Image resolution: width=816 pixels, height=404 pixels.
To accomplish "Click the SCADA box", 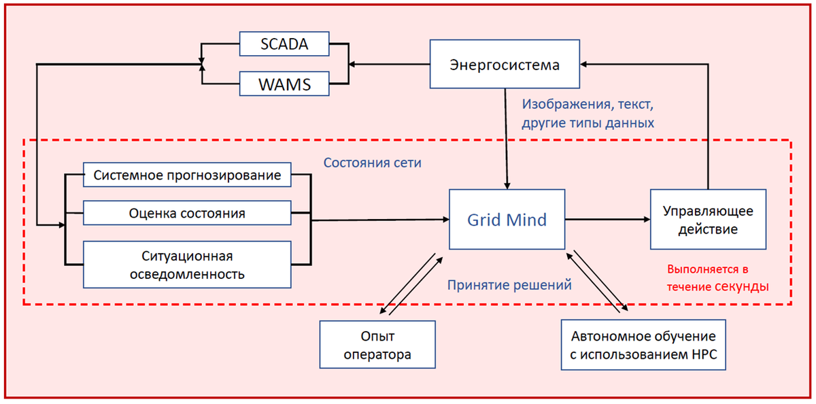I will point(285,45).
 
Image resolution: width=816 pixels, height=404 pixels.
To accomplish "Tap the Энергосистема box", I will point(505,65).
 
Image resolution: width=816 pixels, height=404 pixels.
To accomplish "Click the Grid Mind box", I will point(507,220).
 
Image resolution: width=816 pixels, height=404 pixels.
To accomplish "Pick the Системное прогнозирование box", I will point(187,175).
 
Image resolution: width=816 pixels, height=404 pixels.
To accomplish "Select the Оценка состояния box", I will point(187,214).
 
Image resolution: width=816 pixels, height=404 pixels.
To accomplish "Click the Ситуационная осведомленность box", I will point(187,265).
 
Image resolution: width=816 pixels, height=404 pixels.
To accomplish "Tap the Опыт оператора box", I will point(377,345).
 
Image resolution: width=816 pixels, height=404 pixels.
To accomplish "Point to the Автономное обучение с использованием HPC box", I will point(643,345).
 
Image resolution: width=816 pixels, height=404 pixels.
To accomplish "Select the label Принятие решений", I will point(509,285).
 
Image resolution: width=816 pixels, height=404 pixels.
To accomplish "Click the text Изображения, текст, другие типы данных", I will point(588,114).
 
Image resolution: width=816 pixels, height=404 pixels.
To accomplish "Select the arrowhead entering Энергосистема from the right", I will point(586,65).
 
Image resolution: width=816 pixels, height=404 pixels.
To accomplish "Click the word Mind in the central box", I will point(530,220).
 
